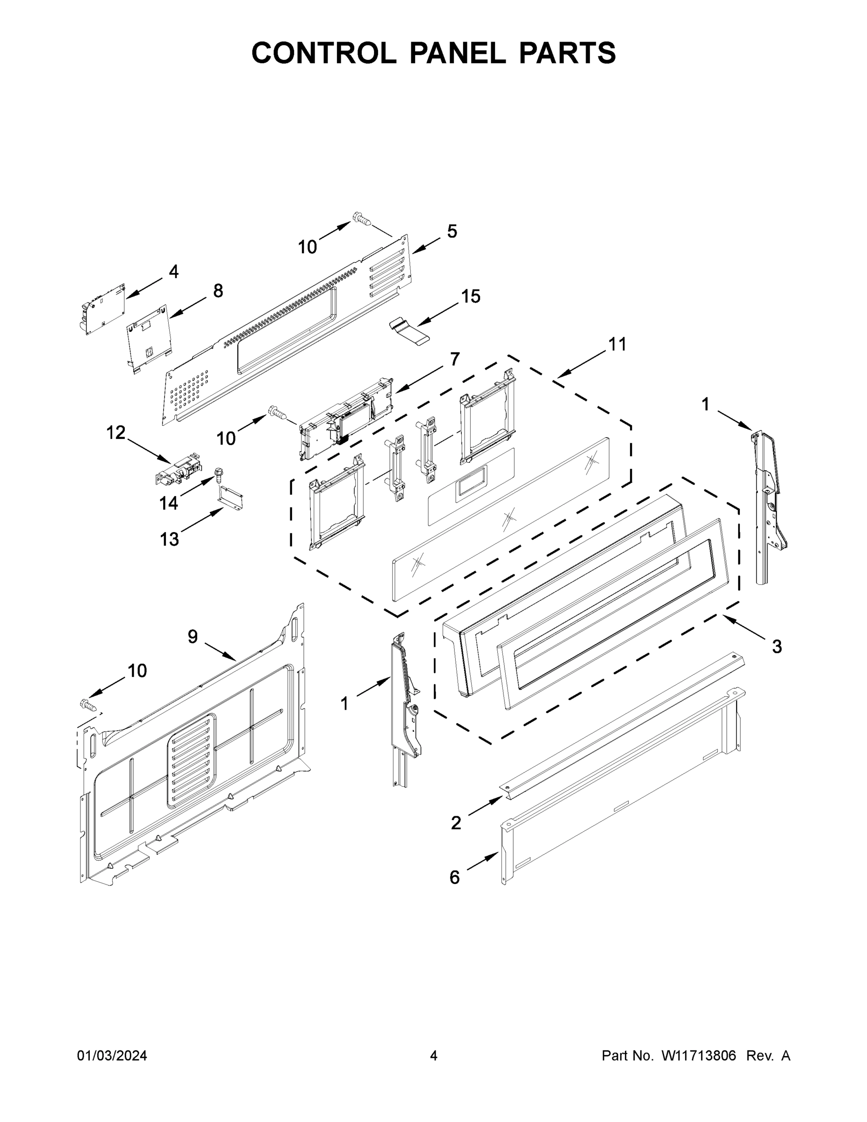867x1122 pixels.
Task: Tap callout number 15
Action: click(x=470, y=296)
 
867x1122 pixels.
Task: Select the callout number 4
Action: click(x=173, y=272)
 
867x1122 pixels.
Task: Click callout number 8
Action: click(x=218, y=291)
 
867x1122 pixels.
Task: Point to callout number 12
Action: click(x=115, y=432)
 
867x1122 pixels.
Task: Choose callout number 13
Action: click(x=169, y=539)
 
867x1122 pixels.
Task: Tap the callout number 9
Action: click(x=192, y=637)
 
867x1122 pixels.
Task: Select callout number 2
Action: click(x=456, y=823)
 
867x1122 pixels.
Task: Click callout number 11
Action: click(x=617, y=344)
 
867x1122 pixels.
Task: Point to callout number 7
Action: click(x=455, y=359)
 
